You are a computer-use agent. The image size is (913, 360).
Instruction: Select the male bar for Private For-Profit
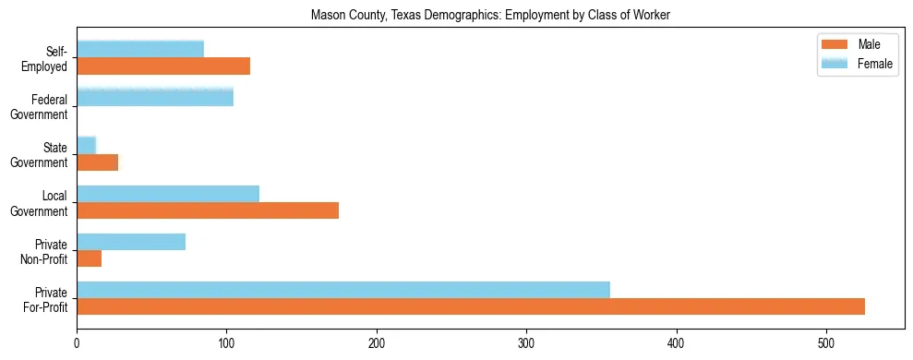tap(471, 306)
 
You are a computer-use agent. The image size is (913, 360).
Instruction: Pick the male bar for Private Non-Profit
tap(89, 258)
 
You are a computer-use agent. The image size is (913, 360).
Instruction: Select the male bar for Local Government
tap(208, 210)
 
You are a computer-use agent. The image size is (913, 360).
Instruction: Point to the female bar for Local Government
tap(168, 194)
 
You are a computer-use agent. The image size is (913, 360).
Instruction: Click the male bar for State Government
tap(97, 162)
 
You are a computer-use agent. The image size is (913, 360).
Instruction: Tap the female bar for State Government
tap(86, 146)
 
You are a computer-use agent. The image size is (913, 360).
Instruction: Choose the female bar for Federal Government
tap(155, 97)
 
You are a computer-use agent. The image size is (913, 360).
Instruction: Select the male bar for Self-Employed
tap(163, 66)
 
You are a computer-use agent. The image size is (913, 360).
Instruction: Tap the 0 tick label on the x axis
tap(77, 342)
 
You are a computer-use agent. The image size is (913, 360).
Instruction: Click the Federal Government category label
tap(40, 107)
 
